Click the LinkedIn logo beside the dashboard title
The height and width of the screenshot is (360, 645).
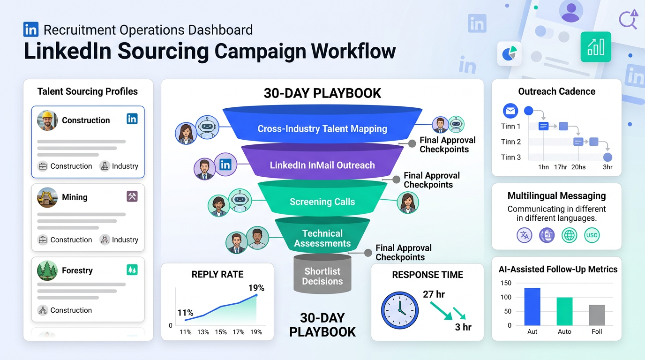coord(31,30)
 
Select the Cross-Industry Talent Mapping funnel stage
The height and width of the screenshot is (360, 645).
coord(322,128)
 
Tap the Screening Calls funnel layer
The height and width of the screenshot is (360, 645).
coord(322,202)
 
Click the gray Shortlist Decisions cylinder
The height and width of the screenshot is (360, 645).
coord(322,276)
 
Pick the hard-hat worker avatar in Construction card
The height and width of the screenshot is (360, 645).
coord(47,120)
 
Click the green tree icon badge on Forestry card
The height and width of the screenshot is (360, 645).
coord(132,270)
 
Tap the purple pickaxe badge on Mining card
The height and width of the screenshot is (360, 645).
coord(132,196)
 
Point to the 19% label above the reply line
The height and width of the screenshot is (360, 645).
coord(256,288)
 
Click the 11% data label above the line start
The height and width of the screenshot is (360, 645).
coord(185,313)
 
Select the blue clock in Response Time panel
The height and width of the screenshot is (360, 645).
coord(399,310)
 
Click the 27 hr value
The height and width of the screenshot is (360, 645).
coord(434,294)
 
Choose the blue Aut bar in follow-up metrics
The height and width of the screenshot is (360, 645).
coord(532,307)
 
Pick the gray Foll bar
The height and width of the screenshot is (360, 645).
coord(597,315)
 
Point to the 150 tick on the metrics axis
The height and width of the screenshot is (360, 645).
coord(506,283)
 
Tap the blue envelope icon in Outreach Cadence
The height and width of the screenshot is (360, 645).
coord(510,111)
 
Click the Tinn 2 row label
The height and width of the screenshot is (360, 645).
coord(510,142)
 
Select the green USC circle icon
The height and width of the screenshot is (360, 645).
coord(592,235)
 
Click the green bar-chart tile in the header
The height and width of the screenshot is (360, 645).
coord(596,47)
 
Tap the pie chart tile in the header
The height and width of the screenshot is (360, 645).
coord(510,53)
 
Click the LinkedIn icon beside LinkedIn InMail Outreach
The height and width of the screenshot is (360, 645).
coord(225,165)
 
